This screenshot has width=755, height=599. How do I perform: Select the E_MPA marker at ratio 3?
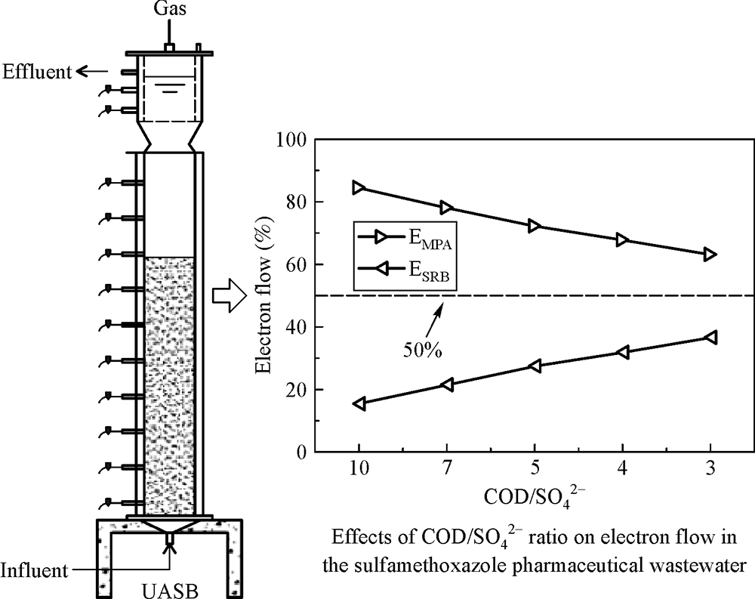pos(710,255)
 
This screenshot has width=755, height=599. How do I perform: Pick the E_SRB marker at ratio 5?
pos(535,366)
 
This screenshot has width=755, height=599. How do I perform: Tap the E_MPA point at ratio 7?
pos(446,208)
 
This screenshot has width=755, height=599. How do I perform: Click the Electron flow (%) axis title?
pos(266,295)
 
